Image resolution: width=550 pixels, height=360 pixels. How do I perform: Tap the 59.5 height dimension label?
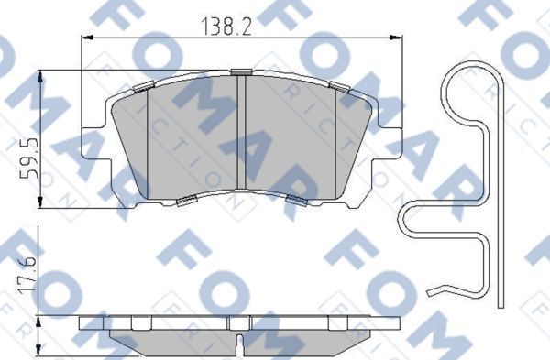coord(30,157)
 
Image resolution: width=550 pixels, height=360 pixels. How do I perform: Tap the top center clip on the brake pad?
coord(241,71)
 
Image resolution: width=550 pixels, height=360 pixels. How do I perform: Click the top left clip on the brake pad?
coord(142,87)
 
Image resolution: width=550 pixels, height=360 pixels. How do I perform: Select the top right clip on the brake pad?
coord(340,87)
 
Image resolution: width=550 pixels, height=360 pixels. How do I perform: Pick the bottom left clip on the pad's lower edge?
coord(185,201)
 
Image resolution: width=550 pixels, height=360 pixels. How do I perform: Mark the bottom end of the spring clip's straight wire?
coord(500,306)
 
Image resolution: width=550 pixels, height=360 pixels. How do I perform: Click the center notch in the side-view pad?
coord(241,344)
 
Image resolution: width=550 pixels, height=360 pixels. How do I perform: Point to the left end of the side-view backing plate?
coord(83,323)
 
